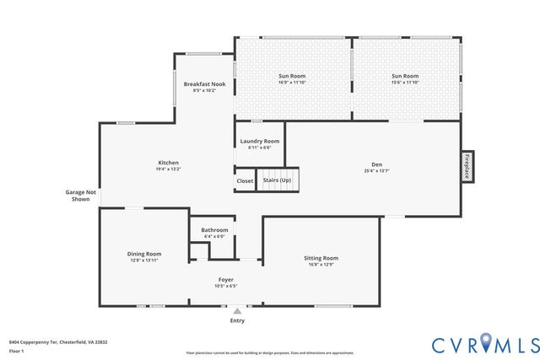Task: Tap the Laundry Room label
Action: [x=259, y=141]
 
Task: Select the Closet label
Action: [x=245, y=180]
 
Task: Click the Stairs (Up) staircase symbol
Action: [x=278, y=180]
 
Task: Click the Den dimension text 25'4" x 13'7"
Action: [x=376, y=171]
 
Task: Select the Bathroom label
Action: [x=214, y=230]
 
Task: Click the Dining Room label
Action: [x=144, y=254]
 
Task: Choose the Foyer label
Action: [x=226, y=279]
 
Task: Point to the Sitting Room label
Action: [x=321, y=258]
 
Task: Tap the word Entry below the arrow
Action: [x=237, y=321]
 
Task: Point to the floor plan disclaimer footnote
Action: [x=270, y=352]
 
